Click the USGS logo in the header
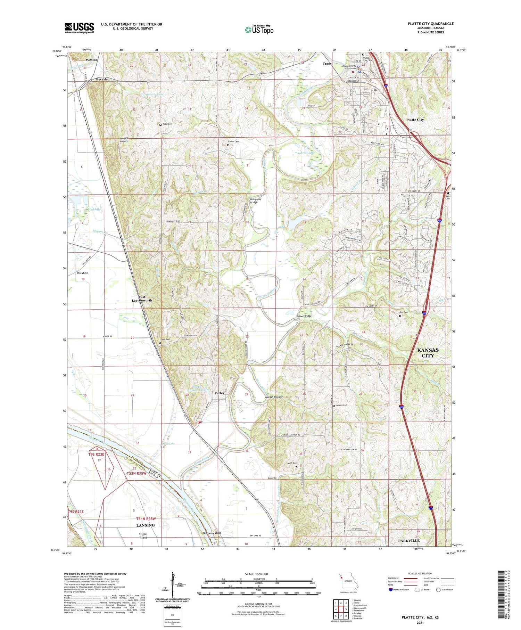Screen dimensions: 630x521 pyautogui.click(x=79, y=28)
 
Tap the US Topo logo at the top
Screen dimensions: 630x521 pyautogui.click(x=259, y=30)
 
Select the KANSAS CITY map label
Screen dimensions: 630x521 pyautogui.click(x=428, y=353)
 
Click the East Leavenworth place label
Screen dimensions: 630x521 pyautogui.click(x=141, y=298)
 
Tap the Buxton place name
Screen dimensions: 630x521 pyautogui.click(x=83, y=273)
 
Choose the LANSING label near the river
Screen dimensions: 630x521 pyautogui.click(x=146, y=525)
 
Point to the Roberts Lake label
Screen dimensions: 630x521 pyautogui.click(x=306, y=153)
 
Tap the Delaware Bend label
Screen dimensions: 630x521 pyautogui.click(x=212, y=533)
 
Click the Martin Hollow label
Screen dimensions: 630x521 pyautogui.click(x=274, y=397)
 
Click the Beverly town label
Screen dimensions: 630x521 pyautogui.click(x=102, y=79)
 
